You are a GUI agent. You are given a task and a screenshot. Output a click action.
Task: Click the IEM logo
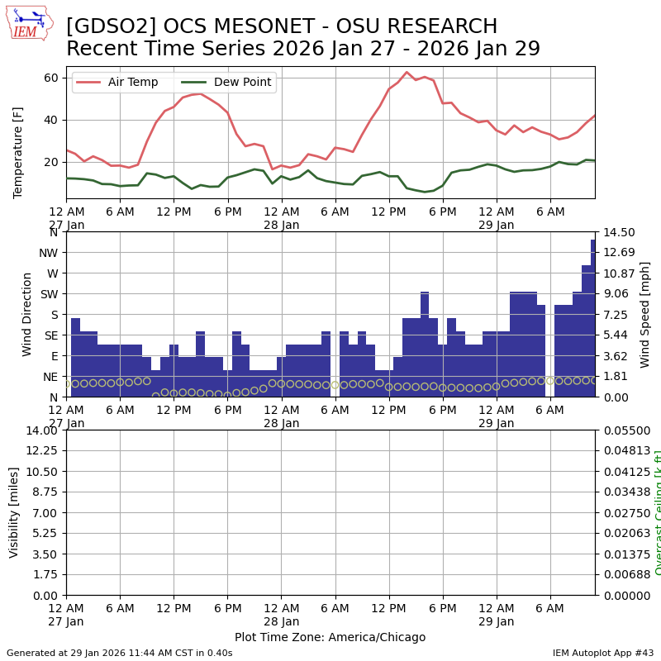coord(29,23)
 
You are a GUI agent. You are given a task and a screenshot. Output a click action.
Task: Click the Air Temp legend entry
coord(132,82)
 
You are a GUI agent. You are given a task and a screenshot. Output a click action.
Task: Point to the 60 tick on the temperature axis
coord(51,78)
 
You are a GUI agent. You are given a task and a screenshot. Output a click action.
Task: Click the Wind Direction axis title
coord(27,314)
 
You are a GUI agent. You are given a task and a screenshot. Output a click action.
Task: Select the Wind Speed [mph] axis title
coord(645,314)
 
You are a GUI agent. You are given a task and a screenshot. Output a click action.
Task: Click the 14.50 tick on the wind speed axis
coord(619,232)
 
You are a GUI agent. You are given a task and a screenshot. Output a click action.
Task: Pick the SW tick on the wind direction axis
coord(50,294)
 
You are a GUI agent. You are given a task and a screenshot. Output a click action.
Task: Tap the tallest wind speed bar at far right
coord(592,318)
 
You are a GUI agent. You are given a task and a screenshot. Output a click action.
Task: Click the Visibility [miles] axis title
coord(14,512)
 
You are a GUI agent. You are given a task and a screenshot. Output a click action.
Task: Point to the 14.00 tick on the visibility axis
coord(41,430)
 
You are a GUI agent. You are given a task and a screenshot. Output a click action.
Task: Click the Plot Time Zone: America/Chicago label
coord(330,637)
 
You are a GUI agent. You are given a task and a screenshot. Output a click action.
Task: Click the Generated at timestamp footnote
coord(120,653)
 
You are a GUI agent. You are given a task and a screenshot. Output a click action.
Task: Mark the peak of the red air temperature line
coord(407,73)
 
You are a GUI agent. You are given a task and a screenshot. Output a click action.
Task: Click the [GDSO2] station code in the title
coord(104,26)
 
